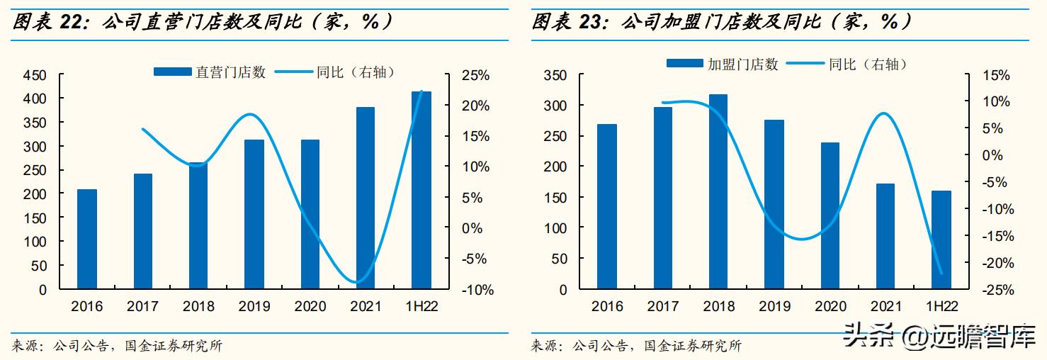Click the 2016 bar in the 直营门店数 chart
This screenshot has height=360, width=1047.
[x=87, y=240]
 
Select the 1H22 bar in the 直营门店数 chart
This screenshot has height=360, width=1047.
[x=421, y=191]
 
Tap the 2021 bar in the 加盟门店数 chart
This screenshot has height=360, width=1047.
[x=885, y=237]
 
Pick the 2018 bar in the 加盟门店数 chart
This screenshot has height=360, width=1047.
[x=718, y=192]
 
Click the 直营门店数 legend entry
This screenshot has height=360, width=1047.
[x=210, y=72]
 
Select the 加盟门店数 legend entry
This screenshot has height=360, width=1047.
[x=723, y=64]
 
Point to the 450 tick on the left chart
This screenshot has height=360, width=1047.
[x=34, y=75]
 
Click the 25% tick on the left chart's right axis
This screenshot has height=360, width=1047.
[x=474, y=75]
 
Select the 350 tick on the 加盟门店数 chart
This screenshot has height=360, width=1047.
[x=555, y=75]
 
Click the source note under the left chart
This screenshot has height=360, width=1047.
[x=118, y=347]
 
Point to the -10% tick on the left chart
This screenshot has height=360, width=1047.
[x=472, y=290]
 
